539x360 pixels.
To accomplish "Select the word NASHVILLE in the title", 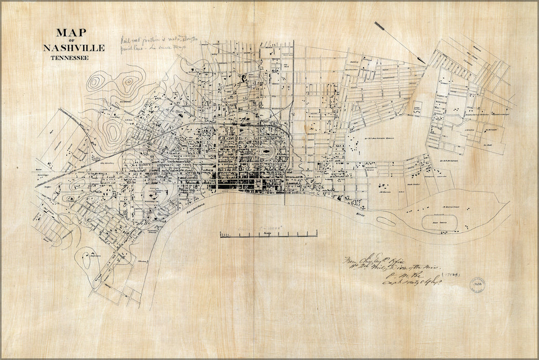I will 74,48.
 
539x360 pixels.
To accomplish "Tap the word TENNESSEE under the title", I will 69,58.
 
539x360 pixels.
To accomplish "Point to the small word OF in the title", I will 72,41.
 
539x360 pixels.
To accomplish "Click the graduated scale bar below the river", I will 268,235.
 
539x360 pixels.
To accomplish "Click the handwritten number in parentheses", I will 453,275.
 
